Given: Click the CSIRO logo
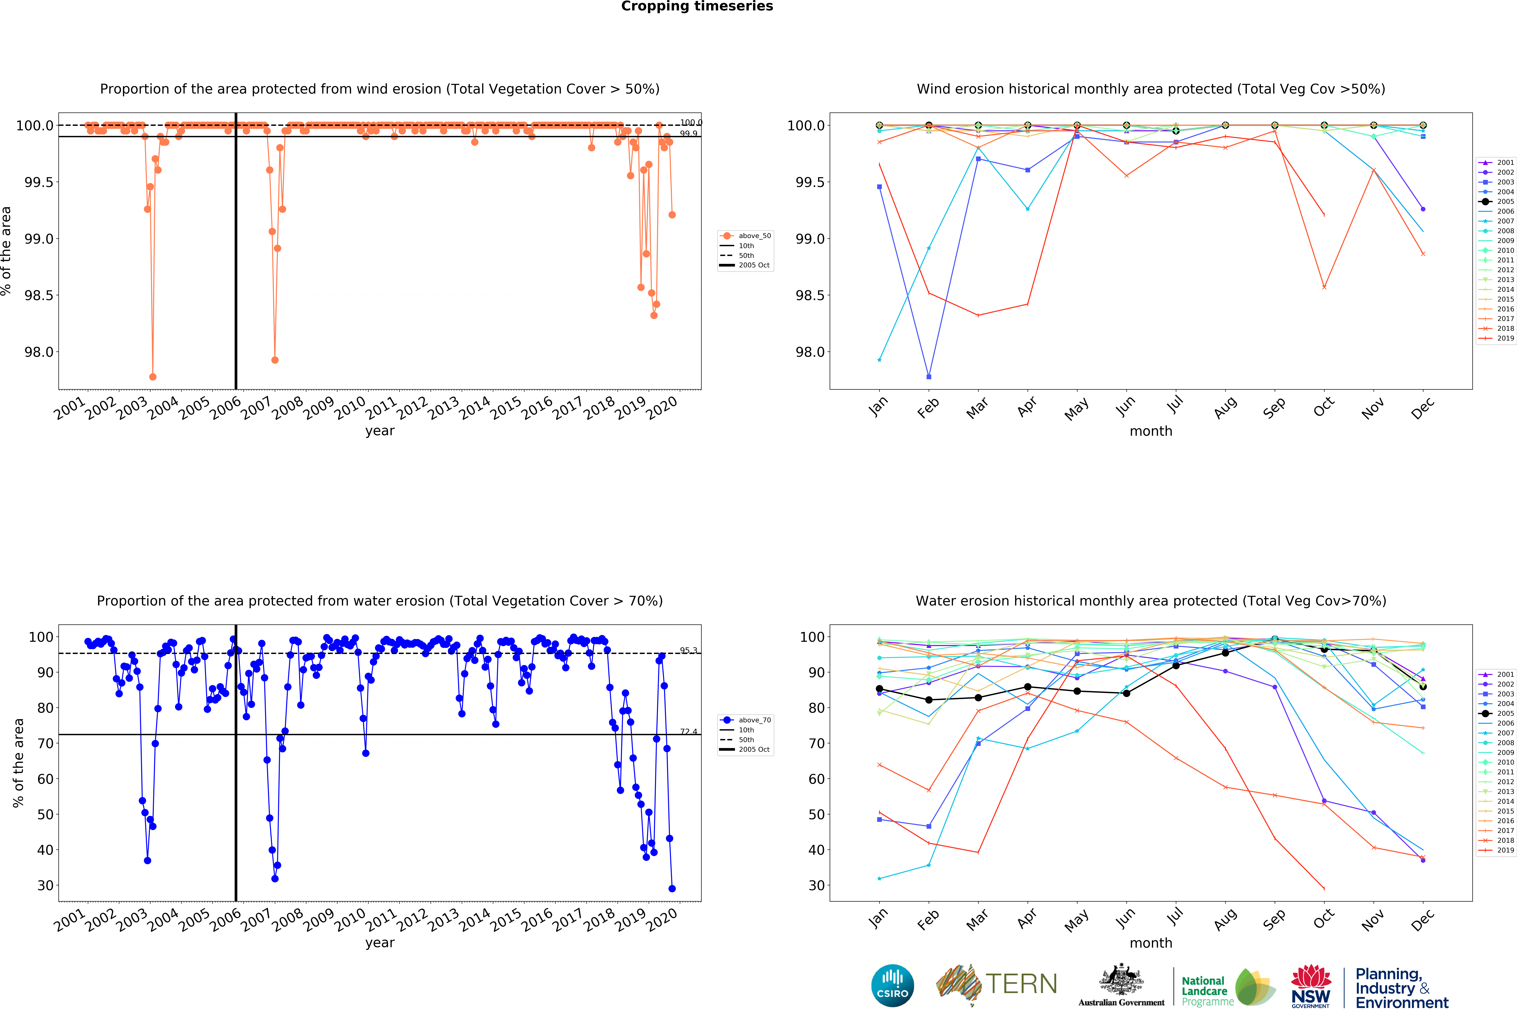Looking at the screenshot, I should pyautogui.click(x=892, y=985).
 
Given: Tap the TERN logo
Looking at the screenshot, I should pyautogui.click(x=997, y=984).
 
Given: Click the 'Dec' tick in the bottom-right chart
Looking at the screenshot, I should pyautogui.click(x=1423, y=919).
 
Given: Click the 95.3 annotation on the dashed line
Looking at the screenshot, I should pyautogui.click(x=689, y=650).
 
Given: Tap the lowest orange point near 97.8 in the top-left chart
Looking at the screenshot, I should pyautogui.click(x=153, y=377).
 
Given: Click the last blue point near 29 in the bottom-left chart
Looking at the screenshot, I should pyautogui.click(x=672, y=889).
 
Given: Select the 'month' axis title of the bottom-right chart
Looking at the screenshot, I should pyautogui.click(x=1151, y=943).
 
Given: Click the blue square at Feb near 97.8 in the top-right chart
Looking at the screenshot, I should pyautogui.click(x=929, y=377).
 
